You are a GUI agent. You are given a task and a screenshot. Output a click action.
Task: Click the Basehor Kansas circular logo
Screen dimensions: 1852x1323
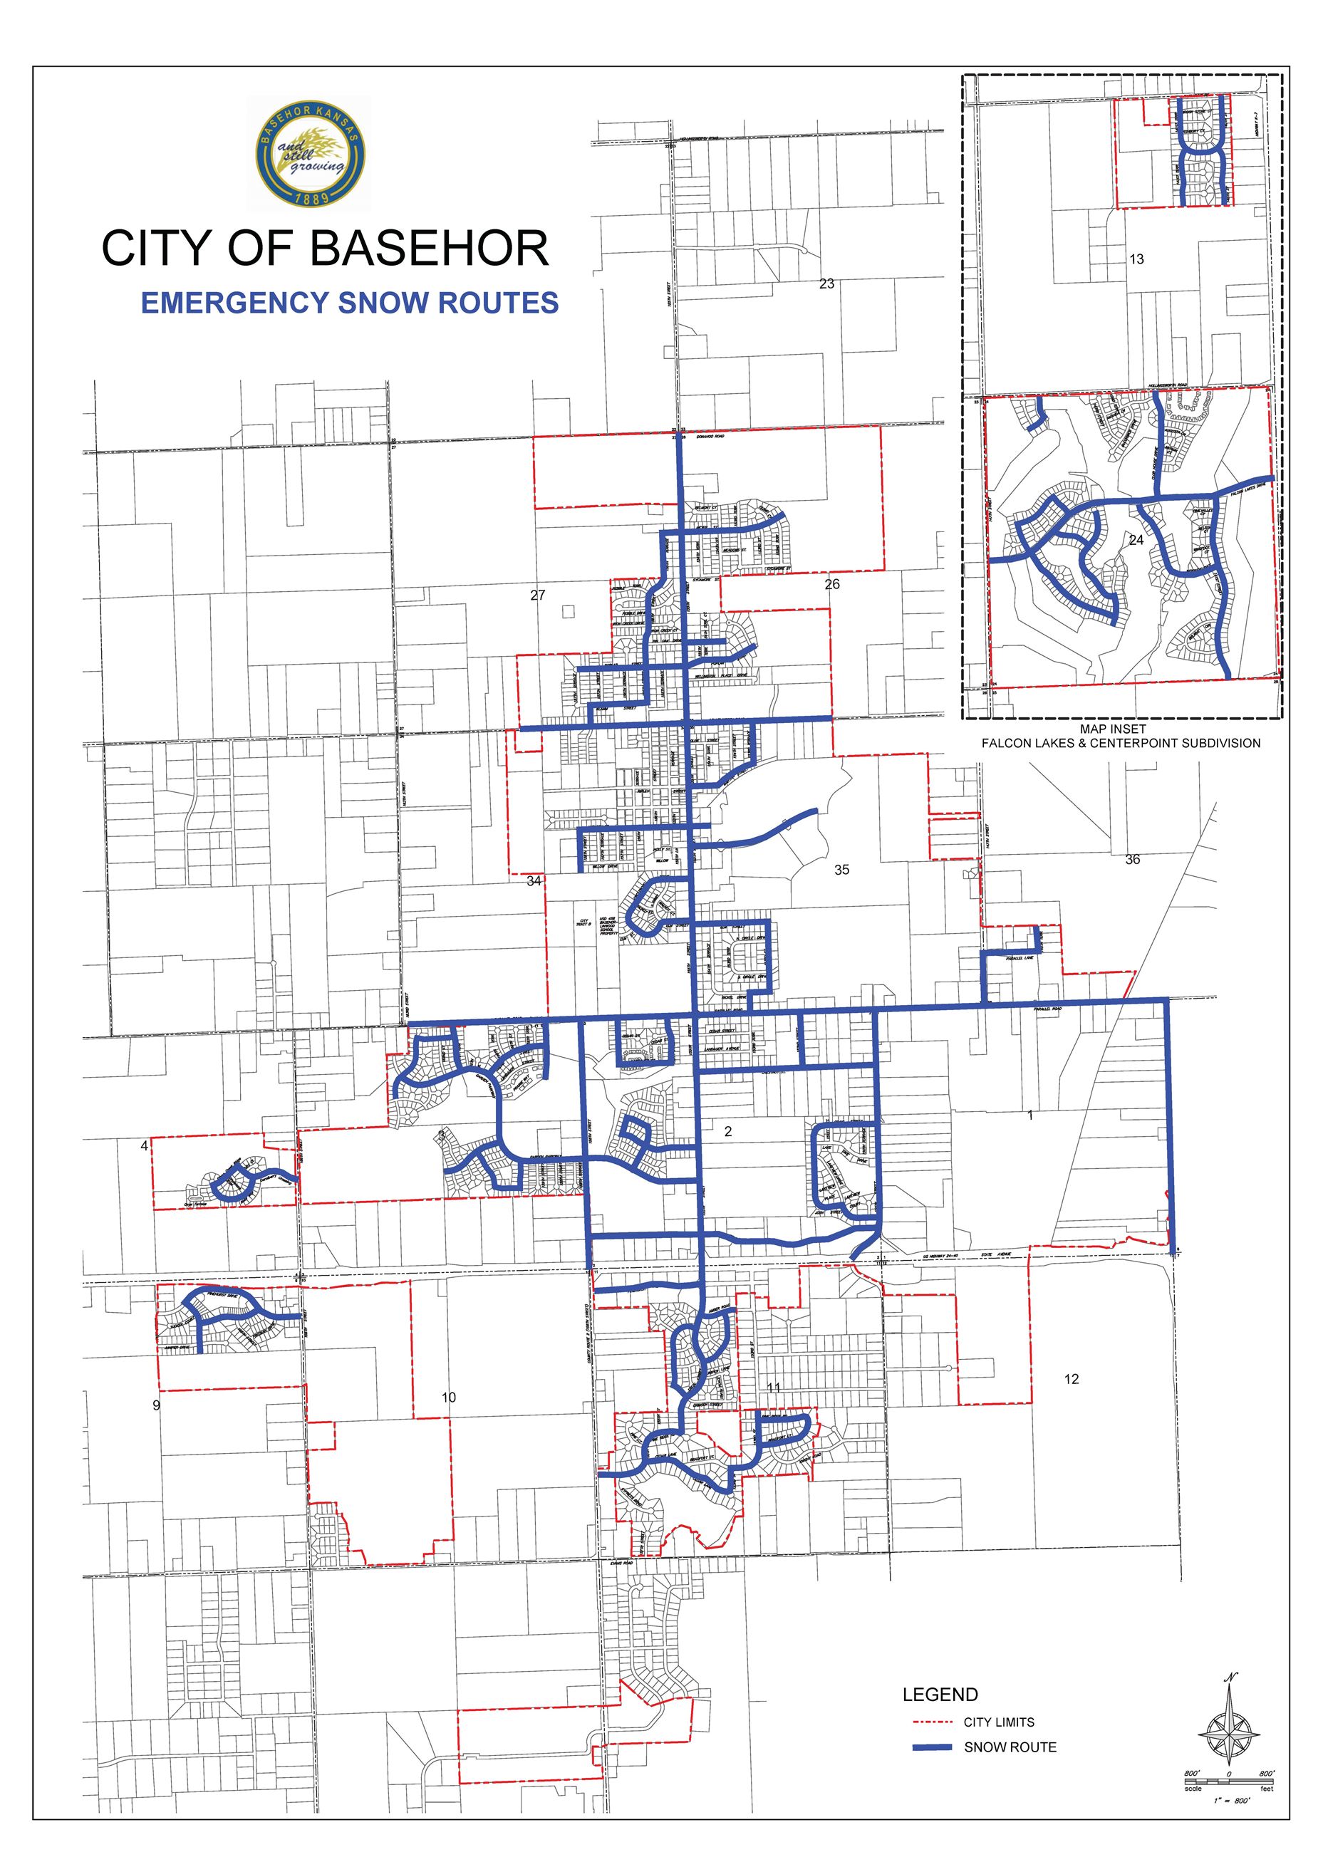click(x=310, y=155)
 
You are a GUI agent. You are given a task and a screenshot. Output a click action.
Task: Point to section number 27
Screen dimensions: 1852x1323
click(x=538, y=595)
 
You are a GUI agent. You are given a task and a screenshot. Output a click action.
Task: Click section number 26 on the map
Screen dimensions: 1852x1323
click(x=831, y=584)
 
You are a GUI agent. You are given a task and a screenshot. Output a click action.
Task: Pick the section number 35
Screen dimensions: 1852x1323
click(x=841, y=870)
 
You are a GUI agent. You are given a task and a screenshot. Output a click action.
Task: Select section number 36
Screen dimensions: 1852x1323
click(x=1132, y=859)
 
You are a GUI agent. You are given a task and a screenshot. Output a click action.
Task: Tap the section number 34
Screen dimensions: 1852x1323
click(x=534, y=881)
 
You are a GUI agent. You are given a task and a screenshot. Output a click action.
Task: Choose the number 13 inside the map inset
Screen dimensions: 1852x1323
click(x=1136, y=259)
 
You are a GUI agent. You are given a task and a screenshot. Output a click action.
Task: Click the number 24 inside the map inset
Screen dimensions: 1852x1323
click(x=1136, y=540)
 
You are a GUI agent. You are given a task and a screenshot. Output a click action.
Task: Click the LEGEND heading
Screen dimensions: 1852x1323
click(x=940, y=1695)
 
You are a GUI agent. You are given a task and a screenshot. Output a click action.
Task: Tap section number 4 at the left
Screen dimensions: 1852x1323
click(x=145, y=1146)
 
